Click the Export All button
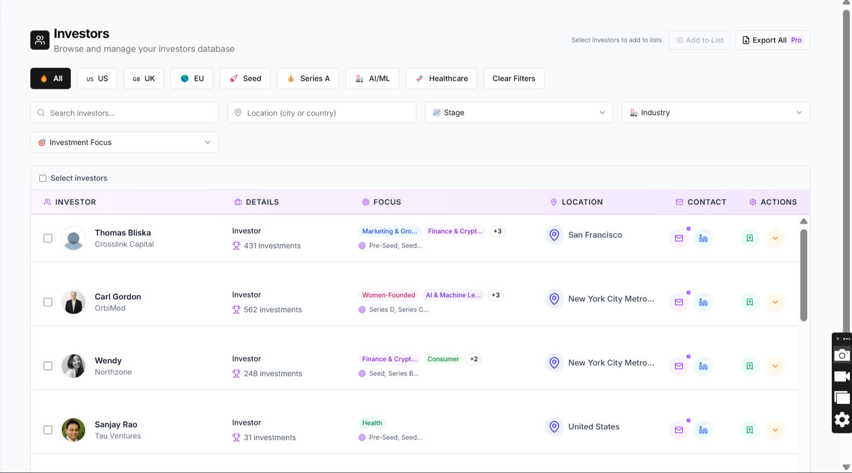tap(772, 40)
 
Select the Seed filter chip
tap(245, 78)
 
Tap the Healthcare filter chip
tap(441, 78)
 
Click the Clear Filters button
tap(514, 78)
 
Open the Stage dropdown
tap(519, 112)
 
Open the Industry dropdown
tap(716, 112)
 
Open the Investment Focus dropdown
tap(125, 142)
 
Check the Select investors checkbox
tap(43, 178)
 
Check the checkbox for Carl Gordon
tap(48, 302)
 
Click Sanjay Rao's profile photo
tap(73, 430)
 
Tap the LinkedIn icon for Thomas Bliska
tap(703, 238)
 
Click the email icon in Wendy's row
tap(679, 366)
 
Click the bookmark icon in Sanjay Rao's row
tap(749, 430)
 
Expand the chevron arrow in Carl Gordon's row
tap(775, 302)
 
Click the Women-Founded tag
tap(388, 295)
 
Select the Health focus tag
tap(372, 423)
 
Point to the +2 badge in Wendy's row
tap(473, 359)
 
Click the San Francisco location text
tap(595, 235)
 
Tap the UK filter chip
tap(144, 78)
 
